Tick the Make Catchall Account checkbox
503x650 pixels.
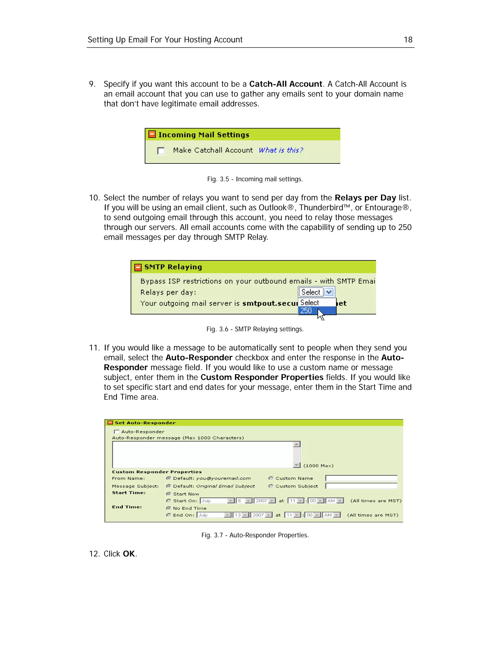[161, 151]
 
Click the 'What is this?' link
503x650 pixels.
[281, 150]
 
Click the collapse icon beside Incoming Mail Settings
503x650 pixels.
[152, 134]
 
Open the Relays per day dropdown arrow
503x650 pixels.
[329, 292]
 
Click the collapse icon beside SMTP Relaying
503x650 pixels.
[138, 267]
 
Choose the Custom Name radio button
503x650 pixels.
[271, 478]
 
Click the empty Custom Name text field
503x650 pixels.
[361, 478]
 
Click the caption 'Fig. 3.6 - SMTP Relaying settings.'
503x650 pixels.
[255, 329]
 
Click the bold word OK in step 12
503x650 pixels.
[129, 554]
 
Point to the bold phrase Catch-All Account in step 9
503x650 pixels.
[285, 84]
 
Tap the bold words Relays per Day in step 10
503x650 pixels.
[365, 198]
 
